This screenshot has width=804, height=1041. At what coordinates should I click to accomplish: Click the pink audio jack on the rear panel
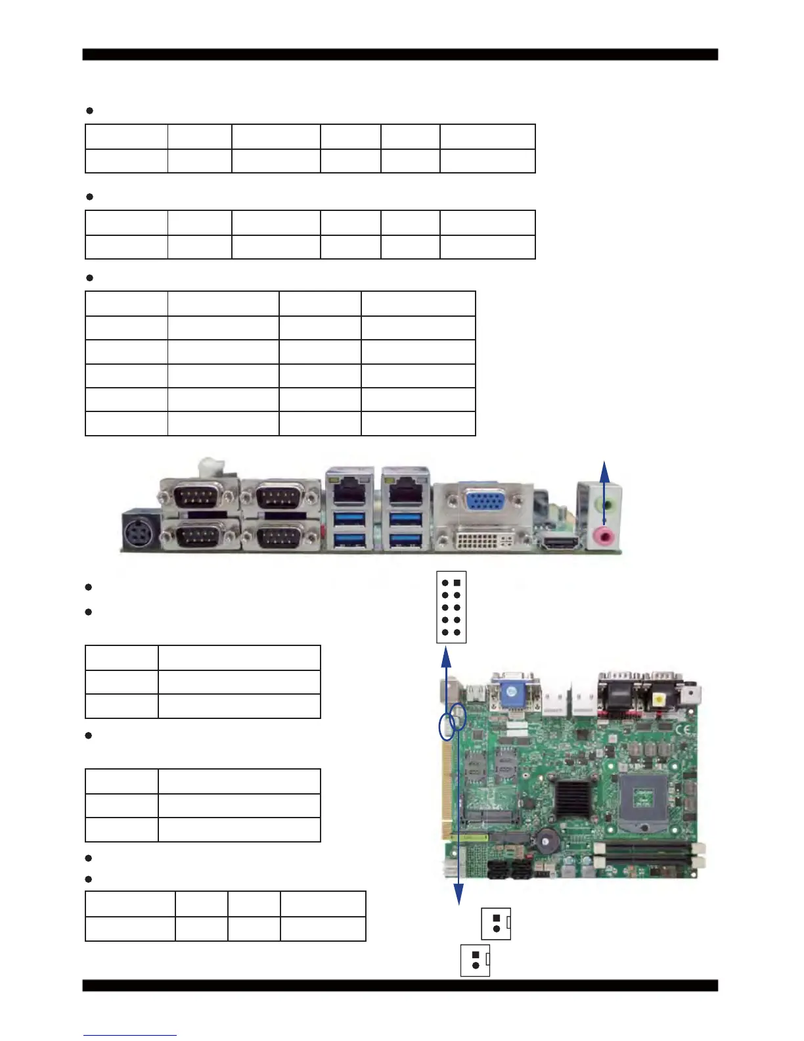click(604, 536)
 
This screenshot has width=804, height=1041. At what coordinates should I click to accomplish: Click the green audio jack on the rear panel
click(606, 505)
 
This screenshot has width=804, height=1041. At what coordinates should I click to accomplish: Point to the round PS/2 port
click(140, 532)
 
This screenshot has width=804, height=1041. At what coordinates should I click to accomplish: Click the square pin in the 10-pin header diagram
click(457, 583)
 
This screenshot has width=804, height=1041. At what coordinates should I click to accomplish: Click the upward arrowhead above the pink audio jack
click(605, 468)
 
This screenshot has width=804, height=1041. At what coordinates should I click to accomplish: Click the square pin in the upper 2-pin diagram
click(497, 918)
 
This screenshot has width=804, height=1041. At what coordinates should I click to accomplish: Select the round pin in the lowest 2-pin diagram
click(475, 965)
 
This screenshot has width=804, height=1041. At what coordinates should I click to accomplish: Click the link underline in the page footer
click(130, 1035)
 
